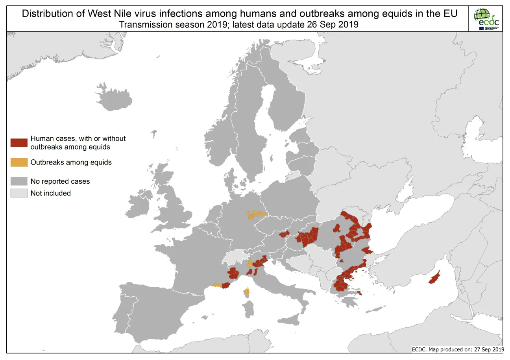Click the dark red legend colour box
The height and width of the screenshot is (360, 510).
tap(19, 142)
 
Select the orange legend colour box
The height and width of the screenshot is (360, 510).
tap(19, 162)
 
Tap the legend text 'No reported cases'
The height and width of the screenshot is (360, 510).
tap(60, 181)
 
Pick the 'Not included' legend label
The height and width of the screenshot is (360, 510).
tap(50, 193)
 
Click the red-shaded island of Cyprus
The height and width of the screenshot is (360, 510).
tap(434, 278)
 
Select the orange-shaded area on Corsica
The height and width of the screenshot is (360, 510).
tap(246, 292)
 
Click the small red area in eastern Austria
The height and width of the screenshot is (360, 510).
tap(284, 234)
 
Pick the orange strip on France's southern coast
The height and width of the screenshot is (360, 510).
tap(217, 285)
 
